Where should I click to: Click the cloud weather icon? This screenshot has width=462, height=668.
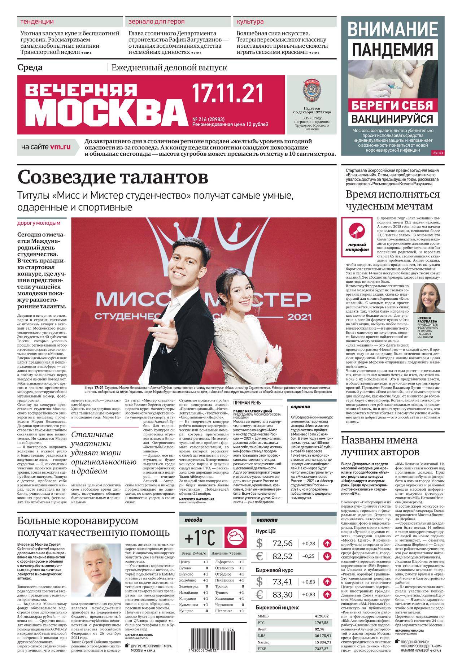235,538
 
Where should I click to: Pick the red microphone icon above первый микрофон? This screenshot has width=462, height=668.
356,230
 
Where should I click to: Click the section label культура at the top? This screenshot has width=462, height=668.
250,22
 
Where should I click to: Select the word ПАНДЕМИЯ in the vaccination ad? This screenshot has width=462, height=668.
392,49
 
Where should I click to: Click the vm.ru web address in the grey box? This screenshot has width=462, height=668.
60,147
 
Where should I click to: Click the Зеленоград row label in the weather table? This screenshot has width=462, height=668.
189,586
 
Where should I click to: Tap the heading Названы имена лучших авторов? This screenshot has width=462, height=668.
380,446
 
